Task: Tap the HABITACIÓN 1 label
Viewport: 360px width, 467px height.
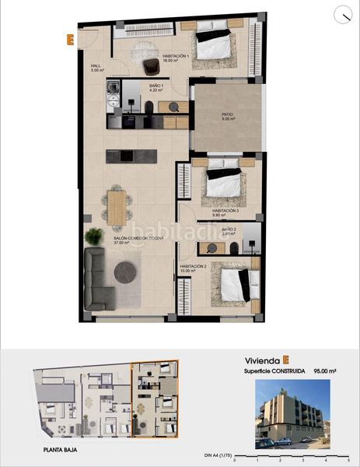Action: click(x=177, y=57)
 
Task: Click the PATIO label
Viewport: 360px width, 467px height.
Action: click(x=227, y=116)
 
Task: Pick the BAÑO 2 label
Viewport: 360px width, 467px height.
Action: click(x=229, y=230)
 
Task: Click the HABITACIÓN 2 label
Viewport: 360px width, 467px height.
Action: click(x=194, y=268)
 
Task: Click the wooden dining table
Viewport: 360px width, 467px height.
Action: click(x=117, y=206)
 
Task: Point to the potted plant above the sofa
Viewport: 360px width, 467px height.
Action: click(x=94, y=234)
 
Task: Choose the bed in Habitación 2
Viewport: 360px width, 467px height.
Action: click(x=236, y=283)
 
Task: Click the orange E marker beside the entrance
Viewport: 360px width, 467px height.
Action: click(x=71, y=38)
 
